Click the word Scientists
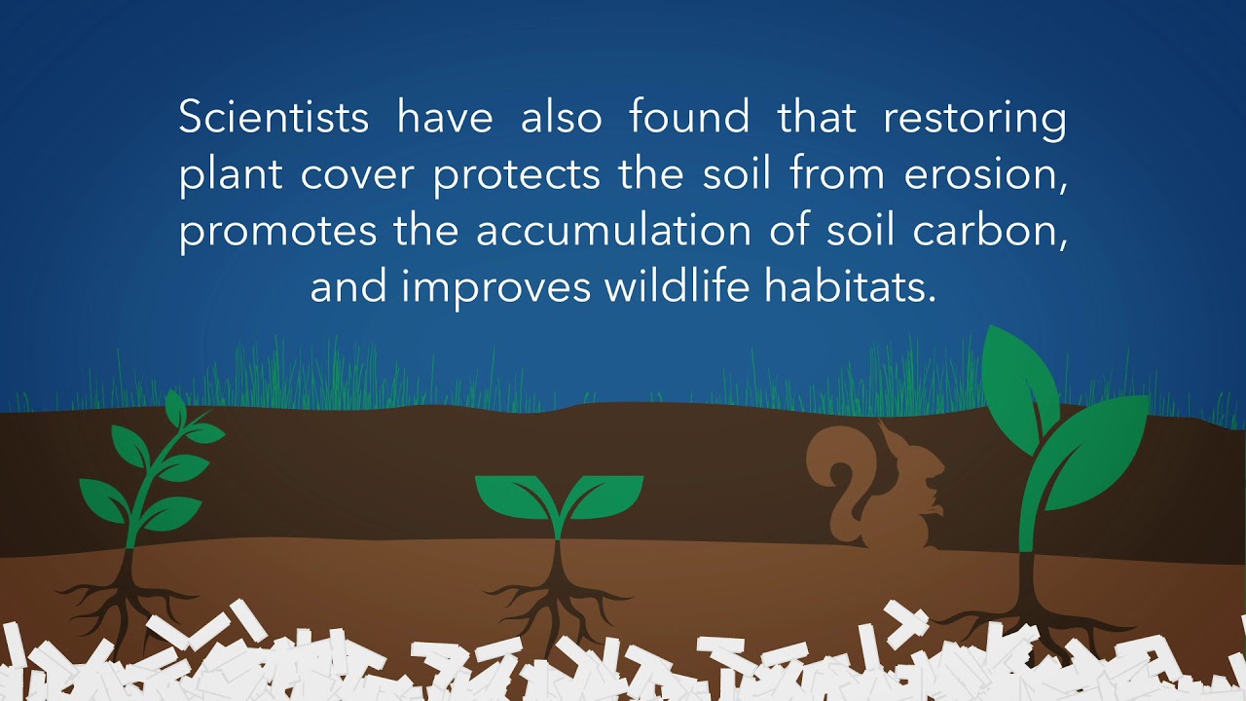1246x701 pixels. [x=274, y=118]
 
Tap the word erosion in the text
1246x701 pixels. [x=978, y=175]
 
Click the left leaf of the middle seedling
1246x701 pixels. [x=511, y=495]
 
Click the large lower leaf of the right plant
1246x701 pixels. [x=1095, y=453]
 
